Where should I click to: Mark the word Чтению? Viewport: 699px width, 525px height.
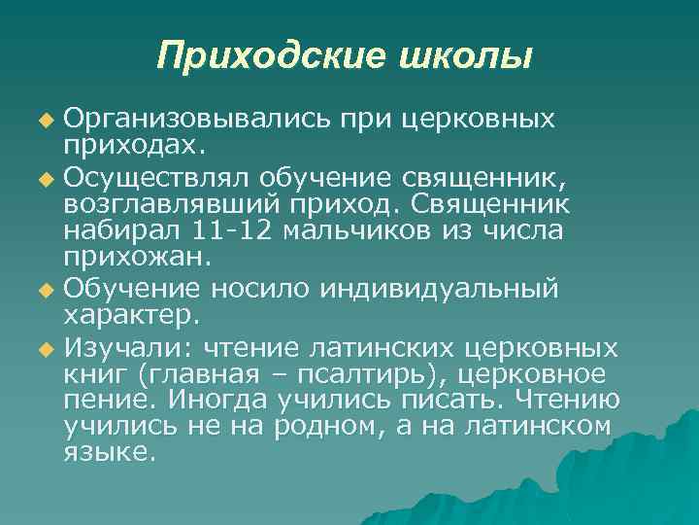594,400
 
